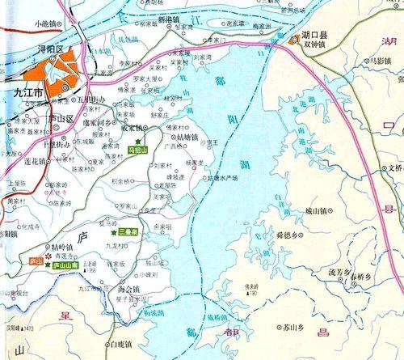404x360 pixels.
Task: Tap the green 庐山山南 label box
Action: [65, 265]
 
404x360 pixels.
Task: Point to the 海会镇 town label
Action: [128, 288]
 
